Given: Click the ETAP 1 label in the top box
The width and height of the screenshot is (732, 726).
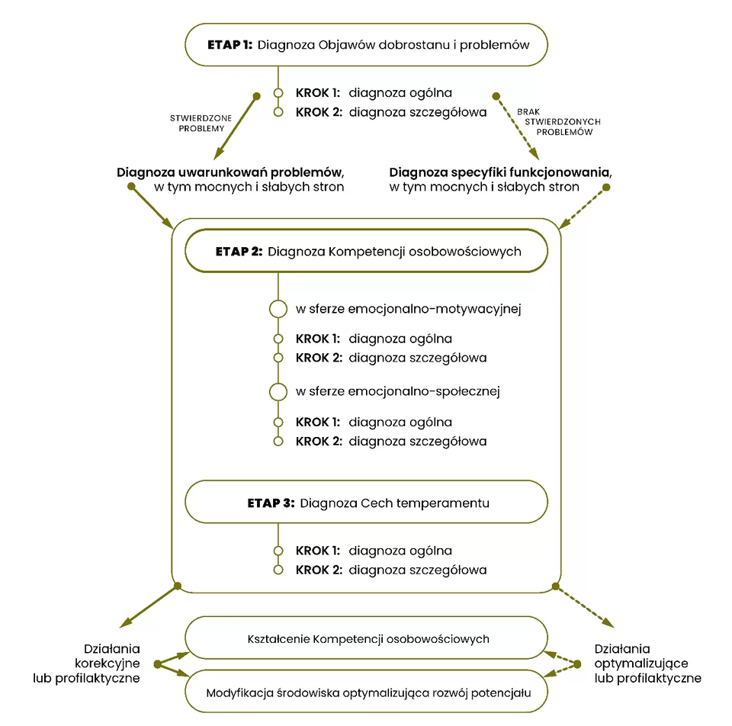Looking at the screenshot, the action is point(230,45).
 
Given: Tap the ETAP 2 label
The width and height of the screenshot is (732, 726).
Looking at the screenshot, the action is point(239,252).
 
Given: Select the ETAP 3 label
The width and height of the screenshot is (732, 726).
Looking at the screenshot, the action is point(271,503).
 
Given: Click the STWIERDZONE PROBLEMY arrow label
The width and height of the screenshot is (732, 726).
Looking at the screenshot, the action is point(201,124).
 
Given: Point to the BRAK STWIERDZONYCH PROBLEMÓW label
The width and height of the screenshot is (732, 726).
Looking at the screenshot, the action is point(559,122).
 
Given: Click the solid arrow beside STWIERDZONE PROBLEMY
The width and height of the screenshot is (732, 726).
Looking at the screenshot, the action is point(236,127).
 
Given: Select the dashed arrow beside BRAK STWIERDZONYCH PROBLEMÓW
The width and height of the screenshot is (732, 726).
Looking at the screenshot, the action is point(518,127).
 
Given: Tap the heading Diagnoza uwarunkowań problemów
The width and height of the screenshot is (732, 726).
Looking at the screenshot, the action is point(230,173).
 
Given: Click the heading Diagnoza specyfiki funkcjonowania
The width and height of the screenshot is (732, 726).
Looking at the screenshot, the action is point(500,173).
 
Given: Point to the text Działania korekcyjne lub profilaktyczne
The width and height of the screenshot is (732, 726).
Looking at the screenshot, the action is point(86,663).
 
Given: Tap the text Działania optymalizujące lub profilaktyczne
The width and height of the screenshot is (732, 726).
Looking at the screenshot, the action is point(648,663).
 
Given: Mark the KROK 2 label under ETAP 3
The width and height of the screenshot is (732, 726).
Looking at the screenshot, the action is point(319,570).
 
